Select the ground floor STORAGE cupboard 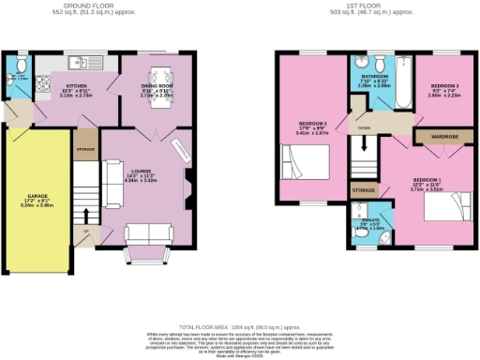point(85,149)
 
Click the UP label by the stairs point(87,230)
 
